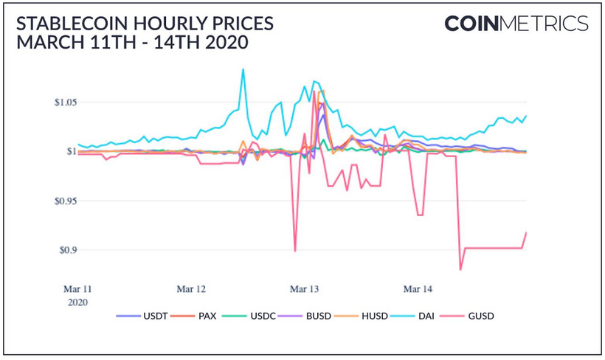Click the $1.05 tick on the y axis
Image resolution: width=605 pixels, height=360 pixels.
coord(66,102)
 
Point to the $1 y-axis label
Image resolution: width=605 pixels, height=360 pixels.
coord(71,151)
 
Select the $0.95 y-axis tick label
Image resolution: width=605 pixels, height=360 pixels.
coord(66,201)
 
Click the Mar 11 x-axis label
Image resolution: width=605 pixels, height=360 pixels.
coord(79,289)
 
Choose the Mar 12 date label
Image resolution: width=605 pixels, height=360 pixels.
coord(190,289)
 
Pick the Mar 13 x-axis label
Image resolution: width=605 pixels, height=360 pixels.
coord(304,289)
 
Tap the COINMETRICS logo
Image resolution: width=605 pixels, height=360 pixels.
coord(516,24)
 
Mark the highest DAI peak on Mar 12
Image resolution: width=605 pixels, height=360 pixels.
coord(242,69)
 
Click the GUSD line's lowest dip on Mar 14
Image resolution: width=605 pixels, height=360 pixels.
coord(460,269)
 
